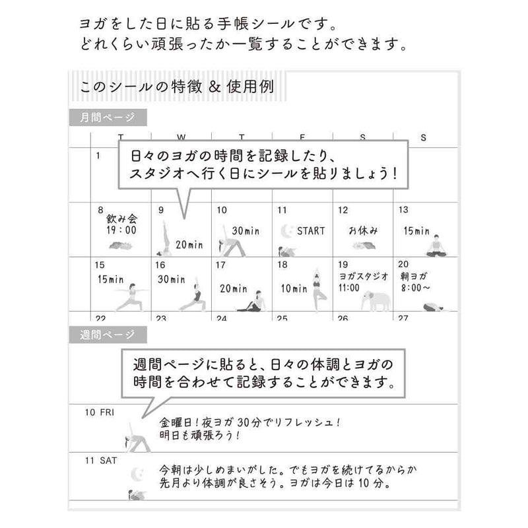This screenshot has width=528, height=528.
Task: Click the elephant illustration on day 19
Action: pyautogui.click(x=376, y=301)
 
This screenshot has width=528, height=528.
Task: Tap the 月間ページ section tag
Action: pyautogui.click(x=108, y=117)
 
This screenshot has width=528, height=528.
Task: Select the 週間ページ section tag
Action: pyautogui.click(x=108, y=335)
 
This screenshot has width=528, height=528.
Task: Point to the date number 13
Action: pyautogui.click(x=403, y=210)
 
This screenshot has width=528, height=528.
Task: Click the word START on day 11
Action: pyautogui.click(x=311, y=231)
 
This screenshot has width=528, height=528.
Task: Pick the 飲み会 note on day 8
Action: pyautogui.click(x=122, y=219)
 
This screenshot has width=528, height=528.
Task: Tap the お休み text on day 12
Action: pyautogui.click(x=363, y=230)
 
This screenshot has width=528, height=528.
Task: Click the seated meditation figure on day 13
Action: pyautogui.click(x=437, y=246)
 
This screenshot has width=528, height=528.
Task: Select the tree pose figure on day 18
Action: pyautogui.click(x=317, y=290)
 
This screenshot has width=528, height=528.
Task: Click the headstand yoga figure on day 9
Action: pyautogui.click(x=164, y=238)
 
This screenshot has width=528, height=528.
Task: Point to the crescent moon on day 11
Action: pyautogui.click(x=287, y=232)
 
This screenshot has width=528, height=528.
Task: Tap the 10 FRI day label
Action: pyautogui.click(x=100, y=412)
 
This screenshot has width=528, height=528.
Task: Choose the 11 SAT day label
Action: pyautogui.click(x=101, y=460)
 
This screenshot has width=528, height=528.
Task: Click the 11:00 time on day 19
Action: pyautogui.click(x=349, y=288)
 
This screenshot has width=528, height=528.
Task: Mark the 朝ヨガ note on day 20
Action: pyautogui.click(x=414, y=277)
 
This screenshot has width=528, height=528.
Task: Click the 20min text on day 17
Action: pyautogui.click(x=234, y=288)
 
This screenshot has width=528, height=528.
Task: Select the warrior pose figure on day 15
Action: pyautogui.click(x=131, y=297)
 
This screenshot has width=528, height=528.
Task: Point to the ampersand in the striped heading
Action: pyautogui.click(x=214, y=87)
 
